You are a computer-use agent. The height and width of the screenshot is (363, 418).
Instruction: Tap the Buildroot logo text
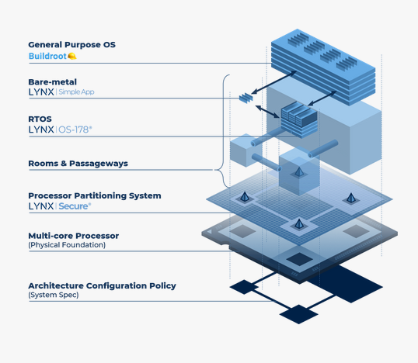47,57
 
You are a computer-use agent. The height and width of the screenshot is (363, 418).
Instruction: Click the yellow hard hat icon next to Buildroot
72,57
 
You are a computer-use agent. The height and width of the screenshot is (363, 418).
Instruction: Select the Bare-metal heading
53,81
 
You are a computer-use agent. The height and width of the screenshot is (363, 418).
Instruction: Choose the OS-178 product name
76,130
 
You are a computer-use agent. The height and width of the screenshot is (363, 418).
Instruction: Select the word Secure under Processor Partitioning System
76,207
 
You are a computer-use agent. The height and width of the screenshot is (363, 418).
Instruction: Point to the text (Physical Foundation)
67,245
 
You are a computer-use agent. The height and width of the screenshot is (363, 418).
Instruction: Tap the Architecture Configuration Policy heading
102,285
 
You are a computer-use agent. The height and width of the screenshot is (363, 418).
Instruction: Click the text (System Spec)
54,296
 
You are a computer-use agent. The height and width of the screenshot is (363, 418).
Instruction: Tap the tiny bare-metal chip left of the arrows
246,97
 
